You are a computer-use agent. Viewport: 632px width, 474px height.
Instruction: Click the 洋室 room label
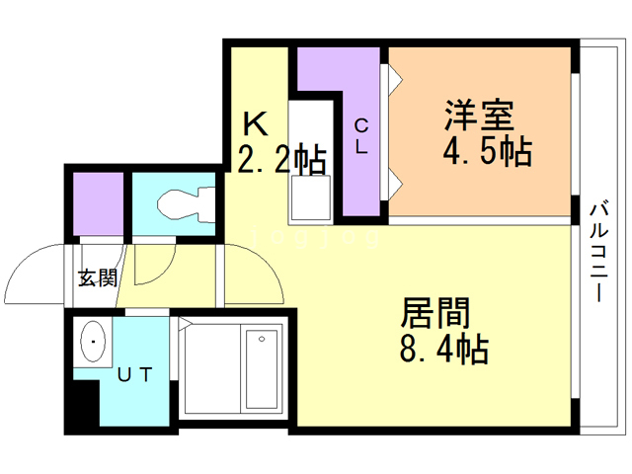coord(478,117)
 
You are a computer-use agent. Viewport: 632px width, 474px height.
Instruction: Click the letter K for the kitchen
coord(256,124)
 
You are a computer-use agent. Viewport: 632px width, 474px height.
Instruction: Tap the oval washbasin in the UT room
coord(93,344)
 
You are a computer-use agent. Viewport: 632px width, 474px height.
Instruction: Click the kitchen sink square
coord(310,203)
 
